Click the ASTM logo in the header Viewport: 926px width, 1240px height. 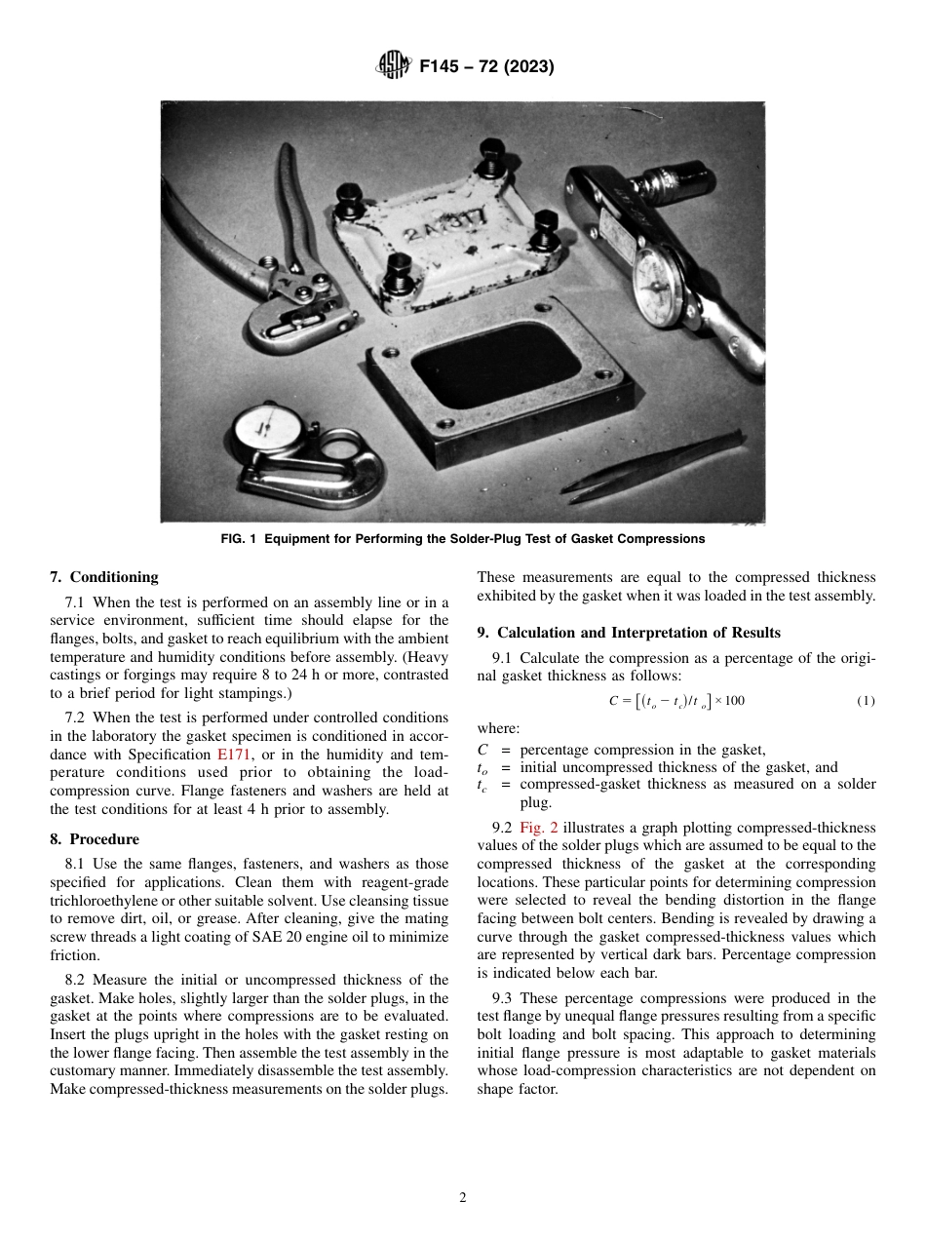tap(394, 67)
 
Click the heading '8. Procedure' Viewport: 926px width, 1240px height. tap(94, 839)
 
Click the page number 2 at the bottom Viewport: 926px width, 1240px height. tap(463, 1198)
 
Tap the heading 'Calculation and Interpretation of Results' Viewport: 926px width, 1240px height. tap(638, 633)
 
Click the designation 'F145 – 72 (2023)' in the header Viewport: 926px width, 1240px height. tap(486, 67)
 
